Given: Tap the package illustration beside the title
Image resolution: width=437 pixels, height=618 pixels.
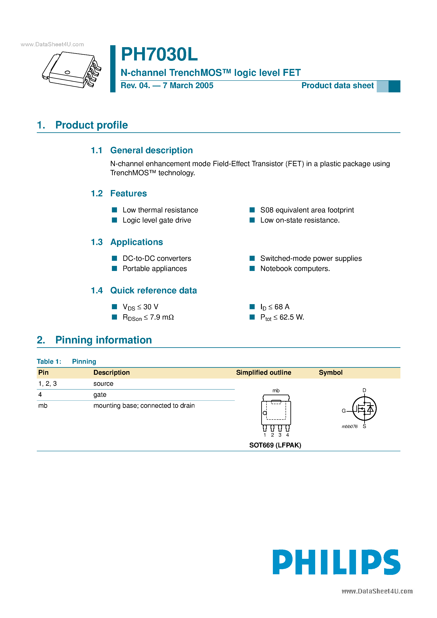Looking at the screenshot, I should coord(72,70).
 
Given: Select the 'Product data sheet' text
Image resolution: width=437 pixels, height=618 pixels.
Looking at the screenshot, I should coord(337,86).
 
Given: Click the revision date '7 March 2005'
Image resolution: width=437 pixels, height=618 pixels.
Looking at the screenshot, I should coord(188,86).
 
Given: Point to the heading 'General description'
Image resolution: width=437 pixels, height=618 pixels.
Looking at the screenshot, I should coord(151,150).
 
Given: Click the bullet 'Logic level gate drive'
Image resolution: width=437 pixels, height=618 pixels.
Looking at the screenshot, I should coord(157,220).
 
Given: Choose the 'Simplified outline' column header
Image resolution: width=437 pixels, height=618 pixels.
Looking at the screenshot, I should coord(264,373).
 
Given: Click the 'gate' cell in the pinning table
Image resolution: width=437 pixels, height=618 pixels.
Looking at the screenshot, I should coord(100,395).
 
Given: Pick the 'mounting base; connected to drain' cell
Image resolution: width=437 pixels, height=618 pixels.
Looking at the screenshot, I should coord(144,406).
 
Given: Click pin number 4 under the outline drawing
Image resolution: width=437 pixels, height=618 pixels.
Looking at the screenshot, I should coord(287,435).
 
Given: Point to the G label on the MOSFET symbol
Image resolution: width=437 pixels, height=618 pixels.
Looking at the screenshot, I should coord(344,411).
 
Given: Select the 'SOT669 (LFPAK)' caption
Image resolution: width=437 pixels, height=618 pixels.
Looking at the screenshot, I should coord(275,445).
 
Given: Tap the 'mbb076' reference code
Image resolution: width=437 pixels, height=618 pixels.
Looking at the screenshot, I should coord(349,427).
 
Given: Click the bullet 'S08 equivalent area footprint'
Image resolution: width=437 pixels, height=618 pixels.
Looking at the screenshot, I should coord(307,210).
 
